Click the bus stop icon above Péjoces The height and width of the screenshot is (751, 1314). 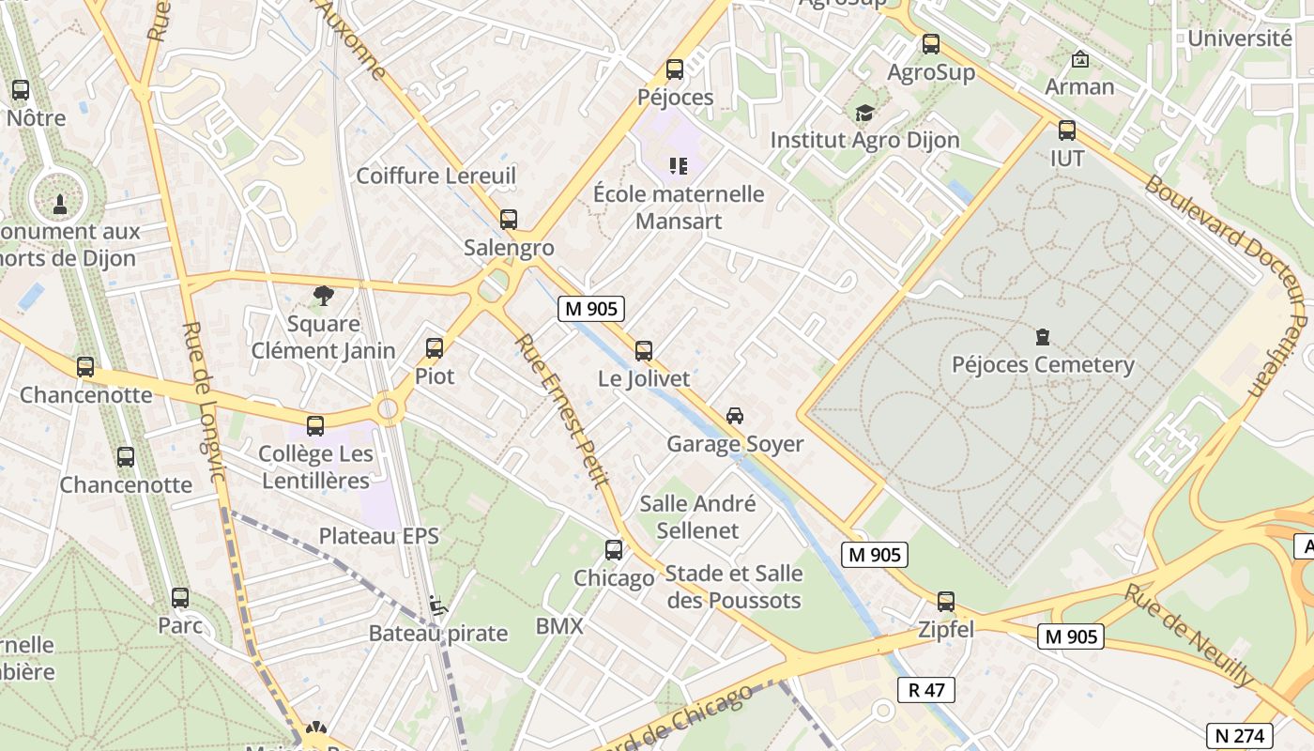tap(674, 69)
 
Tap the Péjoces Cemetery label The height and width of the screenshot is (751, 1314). tap(1043, 364)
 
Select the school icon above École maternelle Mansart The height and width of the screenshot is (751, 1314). tap(679, 166)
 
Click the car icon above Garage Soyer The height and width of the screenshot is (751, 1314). tap(735, 415)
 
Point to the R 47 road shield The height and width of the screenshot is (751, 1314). tap(926, 690)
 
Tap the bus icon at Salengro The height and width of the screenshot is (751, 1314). tap(509, 220)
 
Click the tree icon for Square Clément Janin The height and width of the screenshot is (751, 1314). tap(324, 296)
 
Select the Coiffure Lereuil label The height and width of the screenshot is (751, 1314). tap(436, 176)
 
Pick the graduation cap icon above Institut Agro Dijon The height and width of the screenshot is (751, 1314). tap(864, 113)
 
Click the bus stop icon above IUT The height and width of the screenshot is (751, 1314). tap(1067, 130)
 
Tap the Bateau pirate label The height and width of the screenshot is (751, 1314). tap(437, 633)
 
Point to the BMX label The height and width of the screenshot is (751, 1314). tap(559, 626)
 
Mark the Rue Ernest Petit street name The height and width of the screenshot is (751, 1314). tap(561, 410)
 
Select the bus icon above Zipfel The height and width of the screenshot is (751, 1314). tap(946, 602)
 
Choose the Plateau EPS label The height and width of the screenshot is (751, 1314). tap(379, 536)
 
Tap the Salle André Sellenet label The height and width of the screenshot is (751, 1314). tap(697, 516)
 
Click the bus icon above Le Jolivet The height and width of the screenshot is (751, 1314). tap(643, 351)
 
